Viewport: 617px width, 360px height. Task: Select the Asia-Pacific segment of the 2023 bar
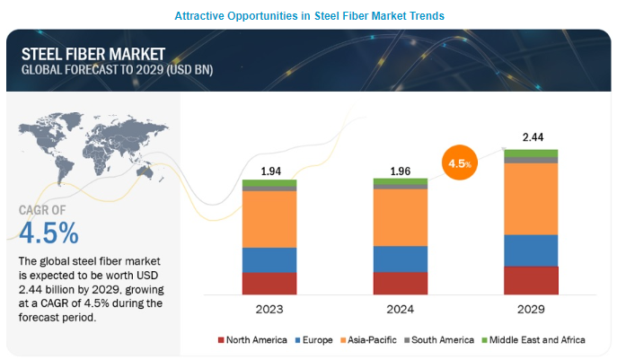269,218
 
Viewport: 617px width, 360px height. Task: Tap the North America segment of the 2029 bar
531,280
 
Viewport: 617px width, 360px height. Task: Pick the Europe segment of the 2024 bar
401,259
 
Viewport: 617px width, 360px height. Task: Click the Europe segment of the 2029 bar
531,250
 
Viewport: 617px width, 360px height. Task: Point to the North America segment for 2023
269,283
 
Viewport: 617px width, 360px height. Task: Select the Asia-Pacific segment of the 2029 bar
531,198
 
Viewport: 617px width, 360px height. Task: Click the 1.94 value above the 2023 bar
269,171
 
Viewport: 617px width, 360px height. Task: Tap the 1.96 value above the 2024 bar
401,171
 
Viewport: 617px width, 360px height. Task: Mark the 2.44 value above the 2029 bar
531,136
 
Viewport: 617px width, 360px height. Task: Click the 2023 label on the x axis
269,309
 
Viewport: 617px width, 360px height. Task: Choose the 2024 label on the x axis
401,309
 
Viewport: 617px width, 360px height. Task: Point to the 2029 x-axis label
531,309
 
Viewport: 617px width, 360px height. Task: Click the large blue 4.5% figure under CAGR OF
48,233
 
